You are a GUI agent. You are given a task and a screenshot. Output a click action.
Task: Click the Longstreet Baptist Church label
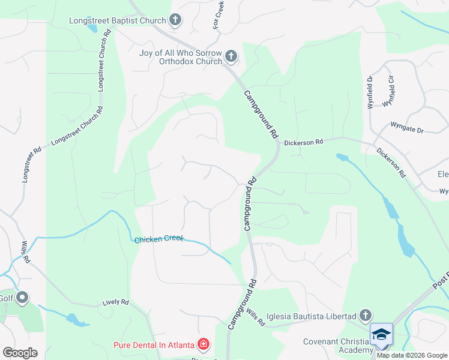(117, 20)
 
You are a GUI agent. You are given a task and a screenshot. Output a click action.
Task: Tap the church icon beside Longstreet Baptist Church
(175, 21)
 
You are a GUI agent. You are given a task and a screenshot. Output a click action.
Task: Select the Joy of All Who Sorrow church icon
(231, 58)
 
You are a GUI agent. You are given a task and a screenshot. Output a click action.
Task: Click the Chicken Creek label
(158, 239)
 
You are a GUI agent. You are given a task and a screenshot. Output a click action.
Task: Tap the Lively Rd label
(116, 302)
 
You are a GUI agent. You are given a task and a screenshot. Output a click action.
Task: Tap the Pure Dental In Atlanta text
(154, 344)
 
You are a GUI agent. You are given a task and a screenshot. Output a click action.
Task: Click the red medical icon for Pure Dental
(203, 344)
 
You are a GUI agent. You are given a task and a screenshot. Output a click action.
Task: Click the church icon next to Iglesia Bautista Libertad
(365, 316)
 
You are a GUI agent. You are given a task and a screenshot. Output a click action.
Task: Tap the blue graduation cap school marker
(381, 334)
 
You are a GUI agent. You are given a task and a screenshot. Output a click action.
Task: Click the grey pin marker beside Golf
(23, 298)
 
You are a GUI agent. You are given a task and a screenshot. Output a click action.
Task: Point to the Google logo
(20, 353)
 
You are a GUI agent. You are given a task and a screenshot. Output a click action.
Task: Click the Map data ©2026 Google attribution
(411, 355)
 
